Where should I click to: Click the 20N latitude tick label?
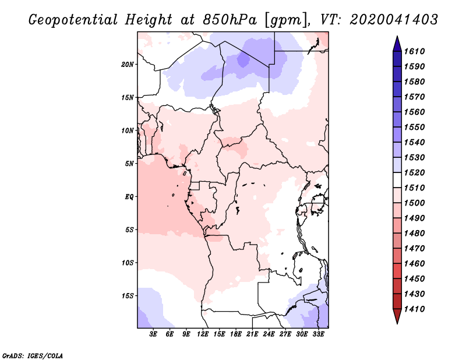128,65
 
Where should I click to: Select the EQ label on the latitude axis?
129,197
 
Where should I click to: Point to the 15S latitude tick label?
128,296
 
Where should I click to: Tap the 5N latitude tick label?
129,164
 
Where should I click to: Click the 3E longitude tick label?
153,334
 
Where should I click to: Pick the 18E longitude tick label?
236,334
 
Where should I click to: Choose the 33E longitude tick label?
318,334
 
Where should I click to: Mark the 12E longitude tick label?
203,334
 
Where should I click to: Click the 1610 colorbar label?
415,51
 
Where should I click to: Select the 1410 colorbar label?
415,309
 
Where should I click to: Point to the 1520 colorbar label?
415,172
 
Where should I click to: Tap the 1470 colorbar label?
415,249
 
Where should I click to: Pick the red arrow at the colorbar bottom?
397,316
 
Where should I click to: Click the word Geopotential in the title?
73,20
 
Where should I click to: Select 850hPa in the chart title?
230,20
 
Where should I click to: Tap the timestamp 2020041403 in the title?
394,20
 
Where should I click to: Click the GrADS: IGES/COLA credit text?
33,356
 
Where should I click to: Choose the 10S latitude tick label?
128,263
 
